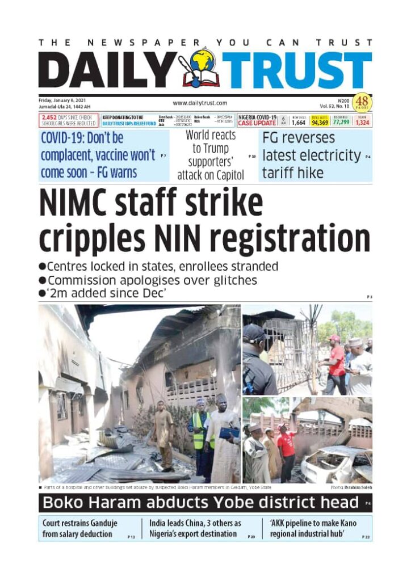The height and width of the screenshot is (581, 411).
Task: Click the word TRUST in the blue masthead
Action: click(x=296, y=71)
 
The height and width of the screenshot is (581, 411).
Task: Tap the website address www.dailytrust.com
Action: click(x=200, y=103)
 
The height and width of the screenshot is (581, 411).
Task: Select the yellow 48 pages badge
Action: click(x=361, y=103)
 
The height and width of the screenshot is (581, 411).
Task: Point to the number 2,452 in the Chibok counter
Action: click(x=50, y=117)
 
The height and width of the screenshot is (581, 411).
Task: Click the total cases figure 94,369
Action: click(x=320, y=122)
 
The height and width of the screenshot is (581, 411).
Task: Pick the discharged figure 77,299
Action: click(x=341, y=122)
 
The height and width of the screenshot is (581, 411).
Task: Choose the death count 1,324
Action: click(x=362, y=122)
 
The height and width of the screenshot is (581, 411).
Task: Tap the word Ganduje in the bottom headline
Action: click(x=98, y=523)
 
